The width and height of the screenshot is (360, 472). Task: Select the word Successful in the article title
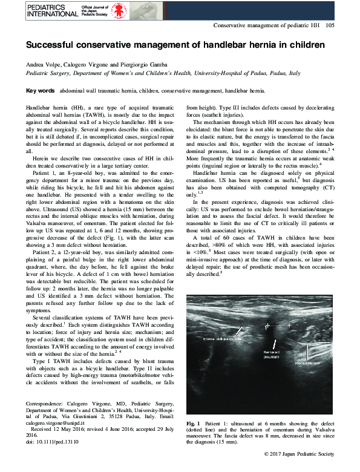coord(50,45)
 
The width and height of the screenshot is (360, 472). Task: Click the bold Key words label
coord(40,90)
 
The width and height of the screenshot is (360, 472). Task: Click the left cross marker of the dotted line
coord(265,326)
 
